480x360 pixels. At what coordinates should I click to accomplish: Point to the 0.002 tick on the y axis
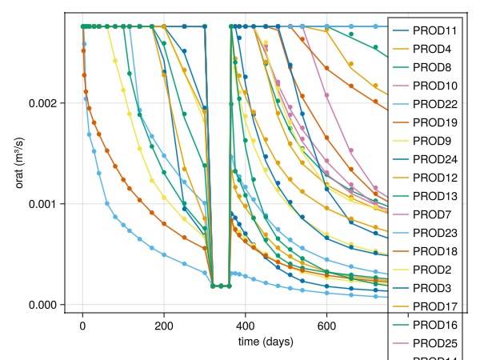click(42, 103)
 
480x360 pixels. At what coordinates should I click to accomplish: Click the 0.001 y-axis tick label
click(42, 204)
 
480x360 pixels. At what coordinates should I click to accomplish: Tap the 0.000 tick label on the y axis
click(42, 305)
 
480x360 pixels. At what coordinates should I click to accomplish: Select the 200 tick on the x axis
click(164, 326)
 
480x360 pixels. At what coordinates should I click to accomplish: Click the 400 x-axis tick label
click(246, 326)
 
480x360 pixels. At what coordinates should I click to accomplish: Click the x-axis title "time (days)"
click(266, 342)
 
